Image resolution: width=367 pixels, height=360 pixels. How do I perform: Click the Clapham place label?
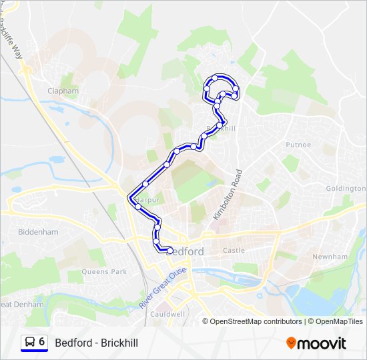pos(63,91)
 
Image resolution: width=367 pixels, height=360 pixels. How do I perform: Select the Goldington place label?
pos(346,189)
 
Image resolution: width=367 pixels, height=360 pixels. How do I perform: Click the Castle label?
pos(234,251)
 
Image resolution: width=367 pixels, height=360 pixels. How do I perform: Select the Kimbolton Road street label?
pos(226,195)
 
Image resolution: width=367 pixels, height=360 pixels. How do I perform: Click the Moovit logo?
pos(316,343)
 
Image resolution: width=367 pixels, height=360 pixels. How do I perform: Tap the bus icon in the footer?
pos(30,342)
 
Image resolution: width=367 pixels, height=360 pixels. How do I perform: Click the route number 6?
pos(42,342)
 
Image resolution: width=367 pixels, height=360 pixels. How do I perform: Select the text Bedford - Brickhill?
pos(97,343)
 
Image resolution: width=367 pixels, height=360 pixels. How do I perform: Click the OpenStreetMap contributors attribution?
pos(257,321)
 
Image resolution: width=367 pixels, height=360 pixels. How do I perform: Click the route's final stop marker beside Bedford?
pos(170,251)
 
